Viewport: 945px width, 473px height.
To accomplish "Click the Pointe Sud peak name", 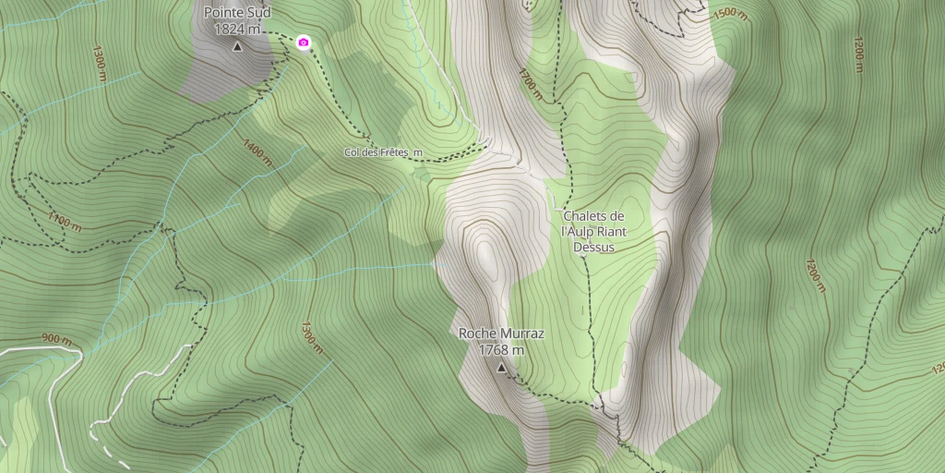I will (238, 13).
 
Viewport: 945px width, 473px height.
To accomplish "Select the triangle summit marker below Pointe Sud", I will (237, 46).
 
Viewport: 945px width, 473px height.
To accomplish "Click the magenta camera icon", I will (303, 42).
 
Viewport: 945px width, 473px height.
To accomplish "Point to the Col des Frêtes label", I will (383, 152).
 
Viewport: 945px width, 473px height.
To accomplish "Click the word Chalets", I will (587, 216).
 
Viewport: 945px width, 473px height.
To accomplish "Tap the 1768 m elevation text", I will (501, 350).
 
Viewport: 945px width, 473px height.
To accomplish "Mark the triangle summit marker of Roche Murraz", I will (501, 368).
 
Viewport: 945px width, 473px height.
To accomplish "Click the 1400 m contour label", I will (256, 152).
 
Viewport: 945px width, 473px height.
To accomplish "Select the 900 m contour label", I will (56, 340).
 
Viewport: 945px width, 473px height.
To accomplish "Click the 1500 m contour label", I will (730, 14).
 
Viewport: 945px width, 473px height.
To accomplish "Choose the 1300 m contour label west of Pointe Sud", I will (100, 63).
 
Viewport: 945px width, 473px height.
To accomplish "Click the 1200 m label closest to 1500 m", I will (857, 55).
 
